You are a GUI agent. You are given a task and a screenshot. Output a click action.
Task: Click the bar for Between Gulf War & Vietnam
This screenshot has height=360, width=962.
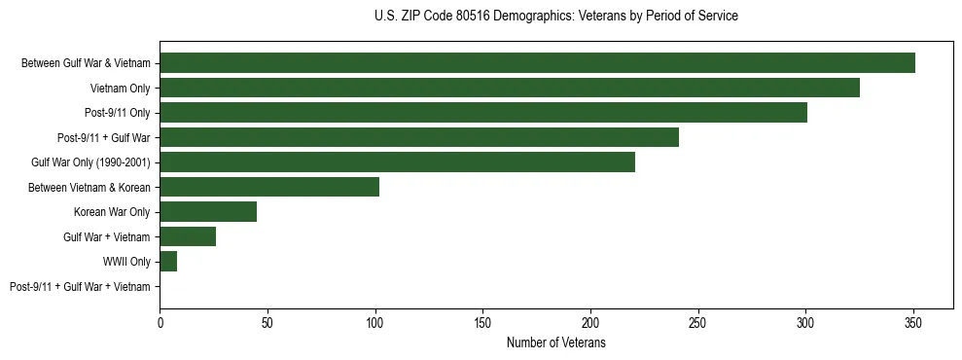(537, 63)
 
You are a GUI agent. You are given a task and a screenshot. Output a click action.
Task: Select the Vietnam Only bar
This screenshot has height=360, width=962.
(510, 88)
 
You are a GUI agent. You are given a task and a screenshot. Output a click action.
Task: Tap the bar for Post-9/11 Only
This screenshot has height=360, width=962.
(483, 113)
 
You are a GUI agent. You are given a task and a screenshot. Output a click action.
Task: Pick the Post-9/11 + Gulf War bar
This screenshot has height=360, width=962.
(419, 137)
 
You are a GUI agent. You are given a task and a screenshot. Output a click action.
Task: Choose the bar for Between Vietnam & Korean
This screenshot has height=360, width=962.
(269, 187)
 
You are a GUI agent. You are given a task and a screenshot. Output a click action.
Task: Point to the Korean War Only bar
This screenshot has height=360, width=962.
(208, 212)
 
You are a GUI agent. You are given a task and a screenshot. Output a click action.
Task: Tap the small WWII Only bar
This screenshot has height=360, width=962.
(168, 262)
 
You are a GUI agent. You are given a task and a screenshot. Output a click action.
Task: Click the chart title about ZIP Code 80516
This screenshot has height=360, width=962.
(555, 17)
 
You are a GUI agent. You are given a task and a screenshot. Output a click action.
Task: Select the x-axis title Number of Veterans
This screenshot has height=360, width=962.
(555, 343)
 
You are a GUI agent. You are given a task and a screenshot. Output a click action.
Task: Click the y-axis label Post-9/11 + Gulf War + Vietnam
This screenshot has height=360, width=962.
(80, 287)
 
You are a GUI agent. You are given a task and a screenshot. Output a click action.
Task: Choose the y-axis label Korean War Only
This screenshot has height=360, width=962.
(112, 212)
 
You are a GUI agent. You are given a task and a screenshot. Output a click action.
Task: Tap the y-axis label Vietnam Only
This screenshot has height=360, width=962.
(121, 88)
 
